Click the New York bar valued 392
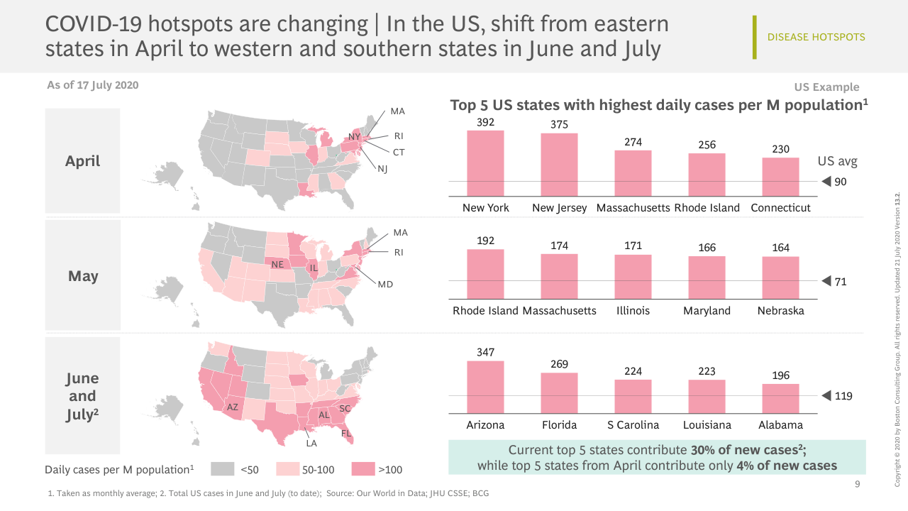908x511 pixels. pyautogui.click(x=485, y=163)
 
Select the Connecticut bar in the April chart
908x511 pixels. pyautogui.click(x=780, y=177)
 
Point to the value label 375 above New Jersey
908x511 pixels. pyautogui.click(x=559, y=124)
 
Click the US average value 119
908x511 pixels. pyautogui.click(x=843, y=396)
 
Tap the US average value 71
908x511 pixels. pyautogui.click(x=841, y=282)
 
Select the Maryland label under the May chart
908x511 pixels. pyautogui.click(x=707, y=311)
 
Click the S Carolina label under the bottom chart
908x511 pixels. pyautogui.click(x=633, y=425)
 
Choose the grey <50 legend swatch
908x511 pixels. pyautogui.click(x=223, y=469)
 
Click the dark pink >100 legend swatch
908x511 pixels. pyautogui.click(x=363, y=469)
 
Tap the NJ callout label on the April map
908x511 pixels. pyautogui.click(x=382, y=169)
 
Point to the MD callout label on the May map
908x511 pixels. pyautogui.click(x=385, y=284)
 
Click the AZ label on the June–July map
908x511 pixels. pyautogui.click(x=232, y=407)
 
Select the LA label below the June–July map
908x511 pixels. pyautogui.click(x=311, y=444)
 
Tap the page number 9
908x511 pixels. pyautogui.click(x=857, y=485)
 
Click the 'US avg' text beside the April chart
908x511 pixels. pyautogui.click(x=837, y=161)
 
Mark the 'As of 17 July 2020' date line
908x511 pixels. pyautogui.click(x=92, y=85)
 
